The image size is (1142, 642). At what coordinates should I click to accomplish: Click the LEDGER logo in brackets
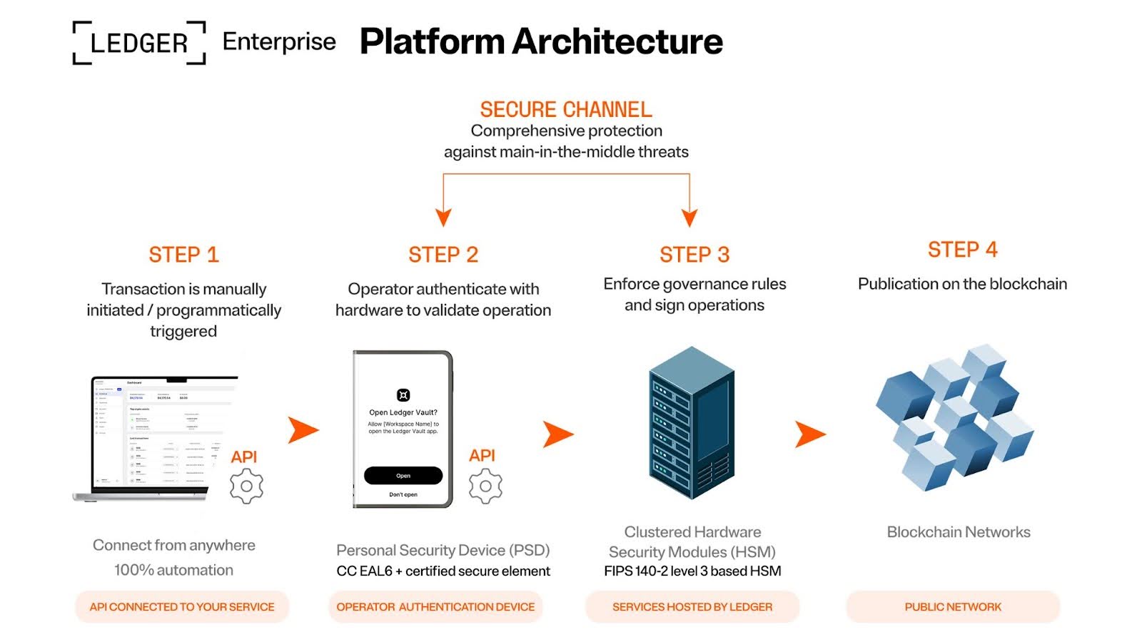pyautogui.click(x=139, y=43)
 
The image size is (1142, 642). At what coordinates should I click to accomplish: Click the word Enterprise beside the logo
pyautogui.click(x=279, y=42)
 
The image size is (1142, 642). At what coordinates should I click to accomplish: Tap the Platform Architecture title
pyautogui.click(x=541, y=41)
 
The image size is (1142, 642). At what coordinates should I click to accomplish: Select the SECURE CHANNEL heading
pyautogui.click(x=566, y=109)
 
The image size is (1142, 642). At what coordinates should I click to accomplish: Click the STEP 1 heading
pyautogui.click(x=183, y=255)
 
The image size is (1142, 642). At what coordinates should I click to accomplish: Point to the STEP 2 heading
pyautogui.click(x=443, y=255)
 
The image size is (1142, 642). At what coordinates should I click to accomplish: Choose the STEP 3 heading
pyautogui.click(x=694, y=255)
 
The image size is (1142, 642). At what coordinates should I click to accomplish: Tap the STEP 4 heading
pyautogui.click(x=962, y=250)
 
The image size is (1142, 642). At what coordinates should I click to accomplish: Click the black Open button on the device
pyautogui.click(x=403, y=476)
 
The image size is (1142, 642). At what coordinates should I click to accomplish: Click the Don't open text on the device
pyautogui.click(x=403, y=494)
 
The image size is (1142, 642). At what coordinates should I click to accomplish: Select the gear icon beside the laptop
pyautogui.click(x=246, y=486)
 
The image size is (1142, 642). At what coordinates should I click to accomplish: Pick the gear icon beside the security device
pyautogui.click(x=485, y=486)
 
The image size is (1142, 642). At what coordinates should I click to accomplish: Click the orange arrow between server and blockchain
pyautogui.click(x=809, y=434)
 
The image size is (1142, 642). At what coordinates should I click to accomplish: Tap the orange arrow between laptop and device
pyautogui.click(x=303, y=430)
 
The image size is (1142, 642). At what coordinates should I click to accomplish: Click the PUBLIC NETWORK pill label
pyautogui.click(x=953, y=607)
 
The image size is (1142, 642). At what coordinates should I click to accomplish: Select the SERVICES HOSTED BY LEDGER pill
pyautogui.click(x=692, y=607)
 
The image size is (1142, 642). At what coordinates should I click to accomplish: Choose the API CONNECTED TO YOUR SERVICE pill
pyautogui.click(x=182, y=607)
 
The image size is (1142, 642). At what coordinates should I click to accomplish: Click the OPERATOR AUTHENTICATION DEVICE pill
pyautogui.click(x=435, y=607)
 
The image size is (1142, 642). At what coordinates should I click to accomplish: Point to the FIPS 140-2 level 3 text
pyautogui.click(x=692, y=571)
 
